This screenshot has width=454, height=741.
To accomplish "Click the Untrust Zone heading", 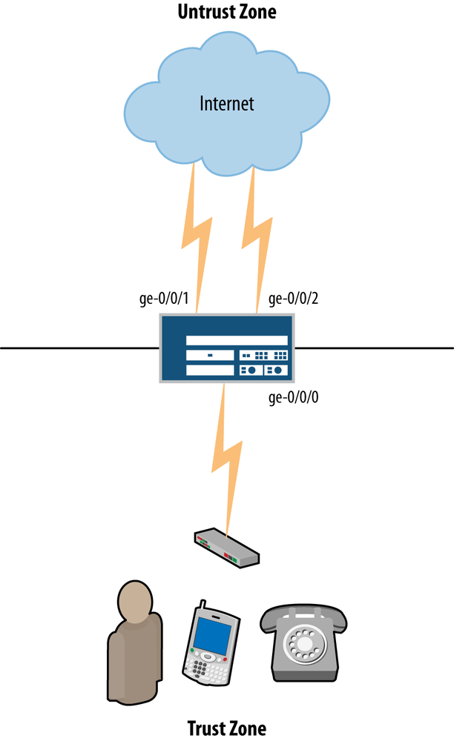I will coord(226,13).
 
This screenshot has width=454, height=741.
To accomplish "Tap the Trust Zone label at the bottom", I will coord(226,727).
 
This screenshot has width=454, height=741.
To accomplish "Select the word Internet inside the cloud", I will coord(226,103).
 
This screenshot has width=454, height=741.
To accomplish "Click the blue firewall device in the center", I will coord(226,348).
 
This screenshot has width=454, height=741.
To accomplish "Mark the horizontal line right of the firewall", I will coord(375,347).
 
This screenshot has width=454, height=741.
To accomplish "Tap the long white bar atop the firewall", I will coord(237,339).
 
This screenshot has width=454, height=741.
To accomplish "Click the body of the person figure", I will coord(134,659).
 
